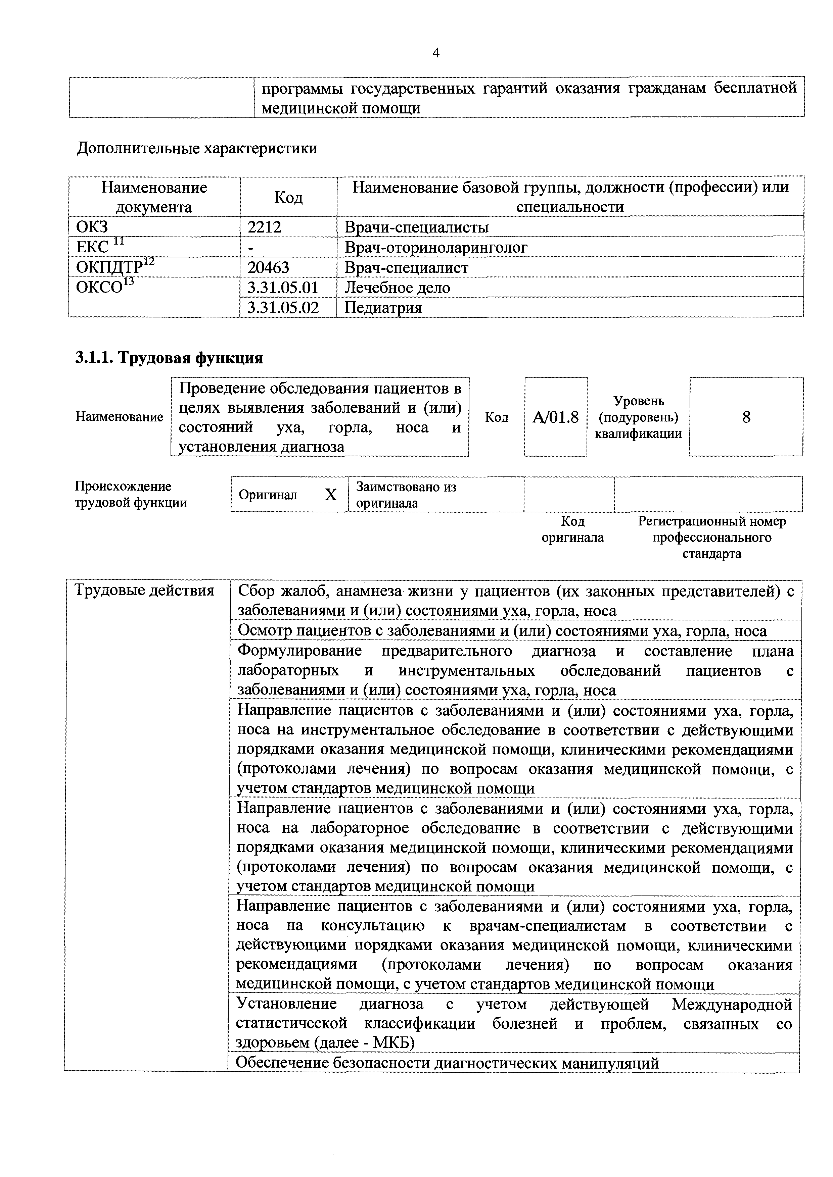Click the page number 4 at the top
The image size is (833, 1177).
tap(436, 53)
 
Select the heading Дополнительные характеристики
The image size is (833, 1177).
tap(196, 149)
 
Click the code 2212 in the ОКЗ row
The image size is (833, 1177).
tap(264, 226)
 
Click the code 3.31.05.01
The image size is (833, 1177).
tap(283, 288)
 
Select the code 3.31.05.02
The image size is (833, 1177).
tap(283, 308)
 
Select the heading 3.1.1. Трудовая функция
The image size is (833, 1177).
tap(169, 358)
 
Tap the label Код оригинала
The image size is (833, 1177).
tap(572, 529)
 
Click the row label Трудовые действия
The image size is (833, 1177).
tap(145, 591)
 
